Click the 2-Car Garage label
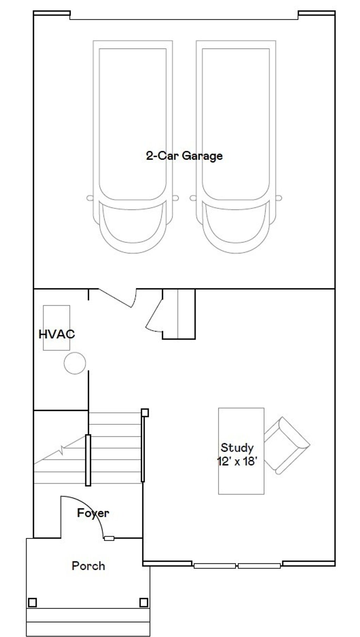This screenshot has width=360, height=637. [x=184, y=155]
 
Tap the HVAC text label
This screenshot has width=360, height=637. [x=57, y=334]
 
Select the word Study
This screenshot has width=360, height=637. [x=237, y=448]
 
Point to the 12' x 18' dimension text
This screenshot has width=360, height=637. [x=235, y=461]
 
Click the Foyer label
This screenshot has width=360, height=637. [x=93, y=513]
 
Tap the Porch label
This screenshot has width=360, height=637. [x=88, y=566]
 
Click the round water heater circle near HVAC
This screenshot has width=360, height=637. [x=75, y=363]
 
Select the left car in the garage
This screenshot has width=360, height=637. [x=133, y=147]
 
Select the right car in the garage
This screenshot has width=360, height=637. [x=236, y=147]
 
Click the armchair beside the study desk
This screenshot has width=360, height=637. [x=287, y=445]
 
